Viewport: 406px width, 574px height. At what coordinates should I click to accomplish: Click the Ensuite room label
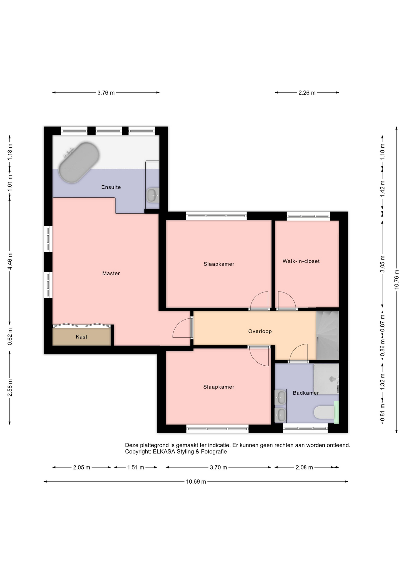coord(111,187)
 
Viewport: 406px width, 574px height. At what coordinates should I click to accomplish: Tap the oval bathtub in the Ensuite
coord(79,162)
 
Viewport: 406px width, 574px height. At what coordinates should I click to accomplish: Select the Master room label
coord(111,273)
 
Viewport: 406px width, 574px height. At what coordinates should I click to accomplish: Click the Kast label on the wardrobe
coord(81,337)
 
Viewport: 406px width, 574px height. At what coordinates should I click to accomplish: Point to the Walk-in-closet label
coord(301,261)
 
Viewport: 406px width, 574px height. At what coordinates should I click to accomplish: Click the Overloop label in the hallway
coord(260,331)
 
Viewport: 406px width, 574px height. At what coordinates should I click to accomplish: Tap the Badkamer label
coord(306,393)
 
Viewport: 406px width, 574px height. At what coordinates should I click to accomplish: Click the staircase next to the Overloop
coord(327,335)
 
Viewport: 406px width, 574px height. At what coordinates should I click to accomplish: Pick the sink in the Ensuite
coord(153,195)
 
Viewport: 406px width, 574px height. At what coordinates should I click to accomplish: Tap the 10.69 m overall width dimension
coord(196,482)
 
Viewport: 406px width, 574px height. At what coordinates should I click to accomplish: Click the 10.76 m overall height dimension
coord(396,279)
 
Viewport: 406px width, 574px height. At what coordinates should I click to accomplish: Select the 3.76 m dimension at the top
coord(106,93)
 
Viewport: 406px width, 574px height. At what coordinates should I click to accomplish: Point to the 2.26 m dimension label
coord(307,93)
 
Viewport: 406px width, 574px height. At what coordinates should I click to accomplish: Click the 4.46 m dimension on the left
coord(10,261)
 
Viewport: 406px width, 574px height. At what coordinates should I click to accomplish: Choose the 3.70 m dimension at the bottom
coord(218,467)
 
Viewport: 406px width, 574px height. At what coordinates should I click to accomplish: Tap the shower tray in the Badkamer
coord(326,379)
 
